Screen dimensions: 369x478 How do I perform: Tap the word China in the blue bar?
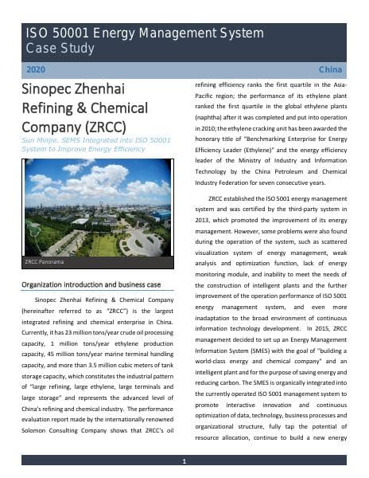click(x=330, y=70)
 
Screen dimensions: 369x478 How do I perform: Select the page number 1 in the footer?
click(x=184, y=461)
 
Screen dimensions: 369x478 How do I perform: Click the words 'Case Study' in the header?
click(x=60, y=49)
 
